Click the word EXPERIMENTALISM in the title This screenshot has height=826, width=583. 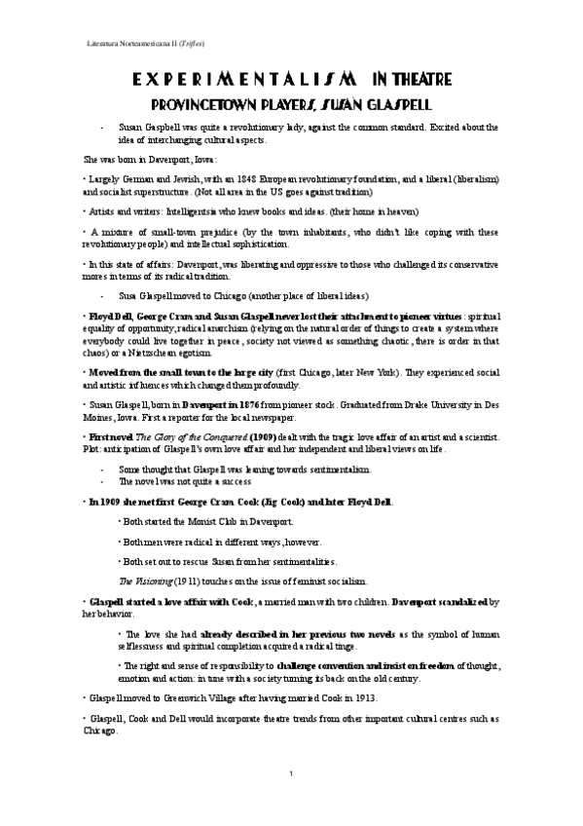point(232,80)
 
